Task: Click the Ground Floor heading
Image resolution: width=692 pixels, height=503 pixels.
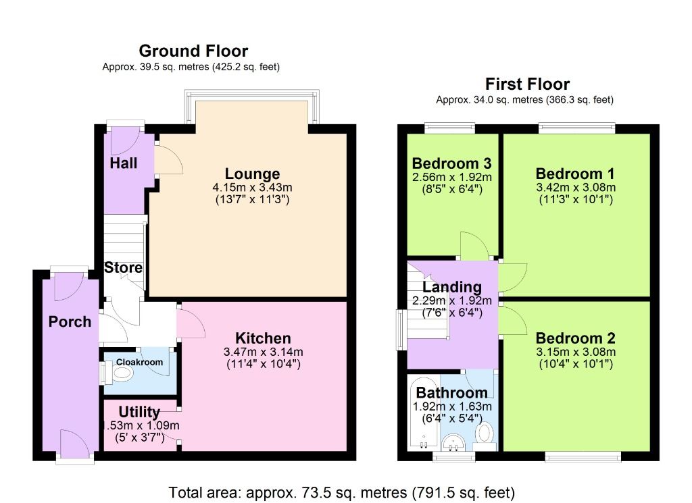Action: click(x=193, y=51)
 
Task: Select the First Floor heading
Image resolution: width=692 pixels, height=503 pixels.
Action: click(x=527, y=84)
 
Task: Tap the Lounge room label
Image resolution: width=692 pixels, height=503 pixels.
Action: click(x=252, y=174)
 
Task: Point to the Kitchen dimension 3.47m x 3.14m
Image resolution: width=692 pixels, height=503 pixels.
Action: click(x=263, y=352)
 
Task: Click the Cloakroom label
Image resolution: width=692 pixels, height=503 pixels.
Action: click(x=139, y=363)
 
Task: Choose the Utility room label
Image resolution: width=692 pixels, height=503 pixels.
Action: click(x=139, y=412)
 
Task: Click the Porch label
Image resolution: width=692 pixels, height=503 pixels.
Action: click(x=70, y=321)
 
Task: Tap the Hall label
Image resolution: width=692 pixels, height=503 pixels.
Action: click(x=124, y=163)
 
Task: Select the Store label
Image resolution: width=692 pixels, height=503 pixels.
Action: click(x=123, y=267)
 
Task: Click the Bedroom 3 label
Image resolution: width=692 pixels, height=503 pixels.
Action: click(x=451, y=163)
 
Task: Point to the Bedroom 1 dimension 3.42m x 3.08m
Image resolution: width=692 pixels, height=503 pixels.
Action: click(x=576, y=187)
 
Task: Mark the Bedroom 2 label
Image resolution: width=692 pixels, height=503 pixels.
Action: click(x=575, y=338)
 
